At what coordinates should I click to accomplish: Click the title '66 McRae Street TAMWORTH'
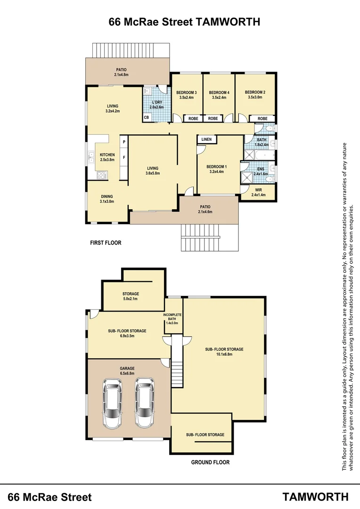tap(184, 22)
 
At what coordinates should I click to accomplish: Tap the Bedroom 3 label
tap(186, 92)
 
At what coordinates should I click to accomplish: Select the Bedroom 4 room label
tap(219, 92)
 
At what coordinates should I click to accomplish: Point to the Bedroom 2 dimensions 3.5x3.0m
tap(255, 98)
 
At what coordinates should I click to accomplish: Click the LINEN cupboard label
tap(206, 140)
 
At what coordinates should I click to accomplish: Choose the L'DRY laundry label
tap(156, 102)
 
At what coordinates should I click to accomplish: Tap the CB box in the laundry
tap(147, 117)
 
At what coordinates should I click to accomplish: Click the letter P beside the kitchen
tap(123, 142)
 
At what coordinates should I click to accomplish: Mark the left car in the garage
tap(112, 403)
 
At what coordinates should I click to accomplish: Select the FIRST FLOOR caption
tap(106, 243)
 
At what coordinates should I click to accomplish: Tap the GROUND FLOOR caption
tap(210, 462)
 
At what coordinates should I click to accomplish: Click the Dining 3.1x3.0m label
tap(107, 199)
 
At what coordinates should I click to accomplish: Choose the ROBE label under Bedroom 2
tap(262, 118)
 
